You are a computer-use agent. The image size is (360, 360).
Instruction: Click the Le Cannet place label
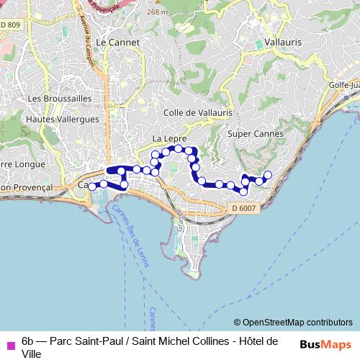point(117,42)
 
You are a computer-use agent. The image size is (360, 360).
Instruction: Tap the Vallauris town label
point(283,42)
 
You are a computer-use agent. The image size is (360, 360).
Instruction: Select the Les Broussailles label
point(60,97)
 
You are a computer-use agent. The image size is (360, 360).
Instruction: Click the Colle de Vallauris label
point(198,112)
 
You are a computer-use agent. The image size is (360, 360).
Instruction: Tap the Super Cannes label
point(255,133)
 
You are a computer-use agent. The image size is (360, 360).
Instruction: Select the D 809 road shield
point(10,25)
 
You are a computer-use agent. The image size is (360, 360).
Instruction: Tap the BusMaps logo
point(325,343)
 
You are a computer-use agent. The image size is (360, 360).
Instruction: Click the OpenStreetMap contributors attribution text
point(293,322)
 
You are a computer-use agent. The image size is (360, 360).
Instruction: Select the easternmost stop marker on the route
point(269,175)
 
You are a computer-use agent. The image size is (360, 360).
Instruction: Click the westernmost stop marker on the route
point(92,186)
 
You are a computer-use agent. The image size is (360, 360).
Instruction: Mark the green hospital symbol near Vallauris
point(259,44)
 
